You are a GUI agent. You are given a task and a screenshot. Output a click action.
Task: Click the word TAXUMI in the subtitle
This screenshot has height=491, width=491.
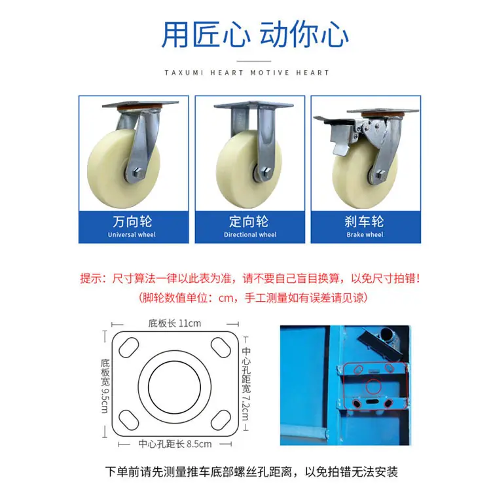[184, 73]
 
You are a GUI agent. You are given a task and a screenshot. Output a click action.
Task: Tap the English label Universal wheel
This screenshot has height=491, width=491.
[132, 234]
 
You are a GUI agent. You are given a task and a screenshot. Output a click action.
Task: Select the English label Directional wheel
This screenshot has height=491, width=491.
[250, 234]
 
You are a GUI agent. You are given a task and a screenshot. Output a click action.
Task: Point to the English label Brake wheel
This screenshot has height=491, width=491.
[365, 234]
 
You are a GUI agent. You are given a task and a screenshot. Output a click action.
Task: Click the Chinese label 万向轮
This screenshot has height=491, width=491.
[132, 221]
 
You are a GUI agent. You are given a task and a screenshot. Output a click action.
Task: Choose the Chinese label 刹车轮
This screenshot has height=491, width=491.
[364, 221]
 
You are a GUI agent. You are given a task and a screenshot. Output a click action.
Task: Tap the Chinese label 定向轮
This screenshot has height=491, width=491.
[249, 221]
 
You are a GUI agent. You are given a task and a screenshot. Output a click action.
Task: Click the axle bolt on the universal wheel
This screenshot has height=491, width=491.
[137, 173]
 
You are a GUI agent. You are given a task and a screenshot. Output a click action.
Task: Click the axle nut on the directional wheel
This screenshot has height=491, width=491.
[266, 172]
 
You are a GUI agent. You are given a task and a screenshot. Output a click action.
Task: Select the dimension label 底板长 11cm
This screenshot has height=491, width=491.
[175, 323]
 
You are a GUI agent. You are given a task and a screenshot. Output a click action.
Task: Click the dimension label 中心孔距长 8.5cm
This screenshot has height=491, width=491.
[175, 444]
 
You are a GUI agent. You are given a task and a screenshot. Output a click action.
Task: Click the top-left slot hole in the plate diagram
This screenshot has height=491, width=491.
[129, 347]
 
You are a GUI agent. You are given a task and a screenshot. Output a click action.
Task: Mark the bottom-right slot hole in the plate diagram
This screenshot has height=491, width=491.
[221, 420]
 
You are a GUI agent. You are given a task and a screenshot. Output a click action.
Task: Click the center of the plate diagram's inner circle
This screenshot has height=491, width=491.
[174, 387]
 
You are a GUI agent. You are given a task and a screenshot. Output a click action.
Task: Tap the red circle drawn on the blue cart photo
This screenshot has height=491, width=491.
[373, 386]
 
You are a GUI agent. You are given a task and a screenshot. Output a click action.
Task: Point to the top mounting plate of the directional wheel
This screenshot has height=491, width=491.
[254, 105]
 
